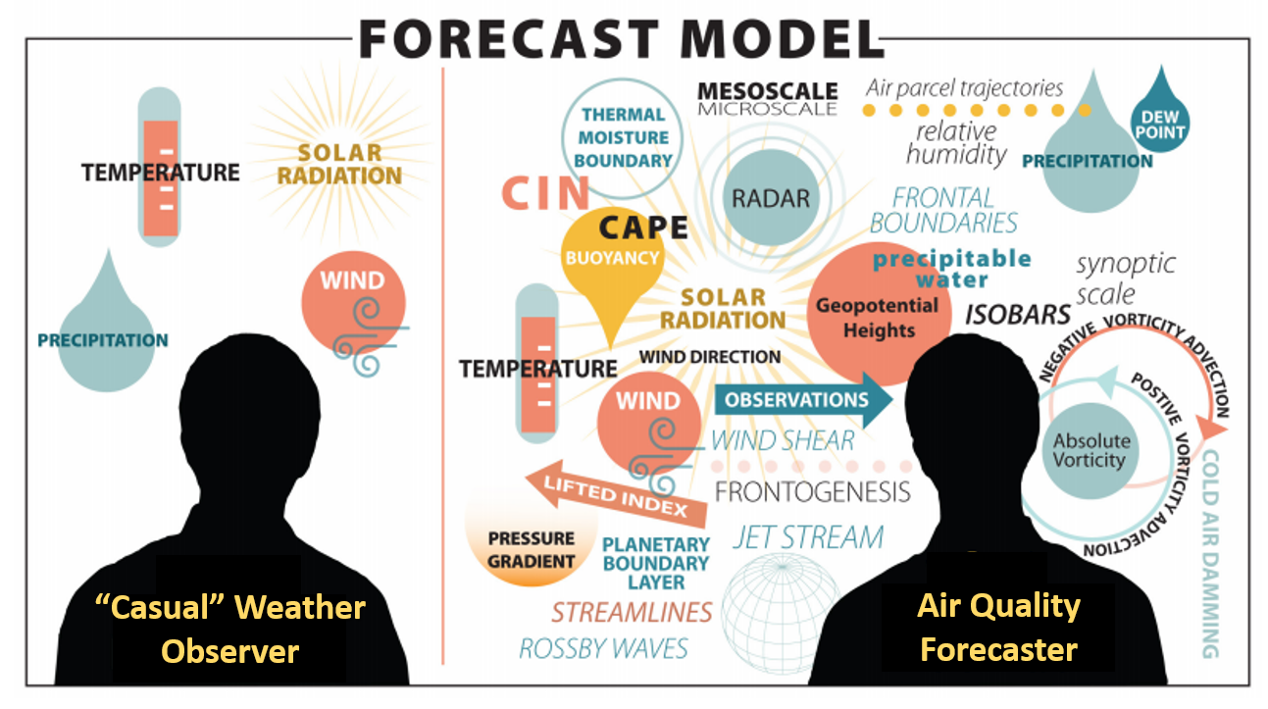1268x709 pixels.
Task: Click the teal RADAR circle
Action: click(771, 197)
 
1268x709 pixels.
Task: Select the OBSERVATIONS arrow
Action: click(804, 400)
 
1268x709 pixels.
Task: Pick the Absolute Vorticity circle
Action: click(1090, 450)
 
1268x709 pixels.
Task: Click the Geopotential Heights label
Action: click(878, 318)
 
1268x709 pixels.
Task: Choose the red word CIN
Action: click(545, 193)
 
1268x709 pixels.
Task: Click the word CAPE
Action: click(643, 228)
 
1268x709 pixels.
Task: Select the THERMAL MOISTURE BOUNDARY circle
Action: click(622, 138)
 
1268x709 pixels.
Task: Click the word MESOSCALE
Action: click(768, 90)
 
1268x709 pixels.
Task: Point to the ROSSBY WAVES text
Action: click(603, 648)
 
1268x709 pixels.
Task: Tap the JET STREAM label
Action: click(808, 537)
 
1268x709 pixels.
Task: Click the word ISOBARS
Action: click(1018, 315)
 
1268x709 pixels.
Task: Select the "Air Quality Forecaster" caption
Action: click(998, 627)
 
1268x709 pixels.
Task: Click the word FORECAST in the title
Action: click(508, 39)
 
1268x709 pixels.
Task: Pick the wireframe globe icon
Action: click(781, 613)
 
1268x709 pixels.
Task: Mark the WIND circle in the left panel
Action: click(353, 303)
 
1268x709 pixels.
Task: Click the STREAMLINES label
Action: click(632, 612)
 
